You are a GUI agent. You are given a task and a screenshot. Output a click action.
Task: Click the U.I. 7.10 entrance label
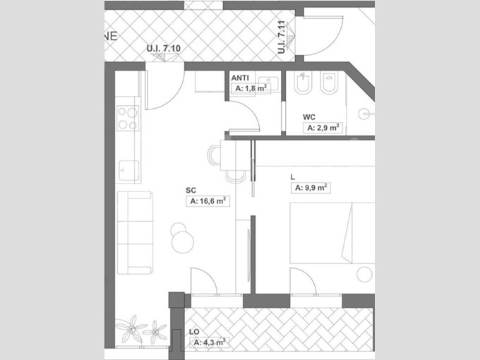point(163,49)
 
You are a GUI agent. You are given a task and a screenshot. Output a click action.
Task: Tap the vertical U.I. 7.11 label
point(282,37)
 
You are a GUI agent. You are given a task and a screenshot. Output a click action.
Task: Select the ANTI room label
point(240,78)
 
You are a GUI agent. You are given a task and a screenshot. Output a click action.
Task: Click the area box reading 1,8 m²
point(251,88)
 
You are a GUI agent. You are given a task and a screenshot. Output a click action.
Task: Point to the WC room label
point(309,117)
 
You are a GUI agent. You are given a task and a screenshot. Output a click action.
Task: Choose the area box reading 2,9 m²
point(323,128)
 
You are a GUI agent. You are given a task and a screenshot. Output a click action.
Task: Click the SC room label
point(191,190)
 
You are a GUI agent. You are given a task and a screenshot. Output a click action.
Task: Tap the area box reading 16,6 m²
point(208,201)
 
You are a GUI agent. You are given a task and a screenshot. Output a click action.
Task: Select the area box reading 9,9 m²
point(311,188)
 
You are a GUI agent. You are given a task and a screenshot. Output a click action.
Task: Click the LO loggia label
point(194,332)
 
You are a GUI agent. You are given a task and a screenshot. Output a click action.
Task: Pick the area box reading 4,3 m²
point(210,342)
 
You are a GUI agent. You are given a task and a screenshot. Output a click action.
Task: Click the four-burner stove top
point(128,118)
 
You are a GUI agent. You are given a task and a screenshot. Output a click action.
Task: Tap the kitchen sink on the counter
point(128,171)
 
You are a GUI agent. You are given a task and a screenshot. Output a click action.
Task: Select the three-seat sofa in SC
point(135,233)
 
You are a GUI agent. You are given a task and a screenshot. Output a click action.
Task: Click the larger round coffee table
point(183,242)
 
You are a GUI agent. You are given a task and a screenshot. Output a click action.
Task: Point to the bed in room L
point(332,233)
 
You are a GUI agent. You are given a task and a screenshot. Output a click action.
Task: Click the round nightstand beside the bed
point(365,275)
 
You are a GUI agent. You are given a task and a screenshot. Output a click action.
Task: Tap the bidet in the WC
point(303,83)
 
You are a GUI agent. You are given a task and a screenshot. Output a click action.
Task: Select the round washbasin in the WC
point(364,114)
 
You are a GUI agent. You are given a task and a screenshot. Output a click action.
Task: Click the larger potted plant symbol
point(131,329)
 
